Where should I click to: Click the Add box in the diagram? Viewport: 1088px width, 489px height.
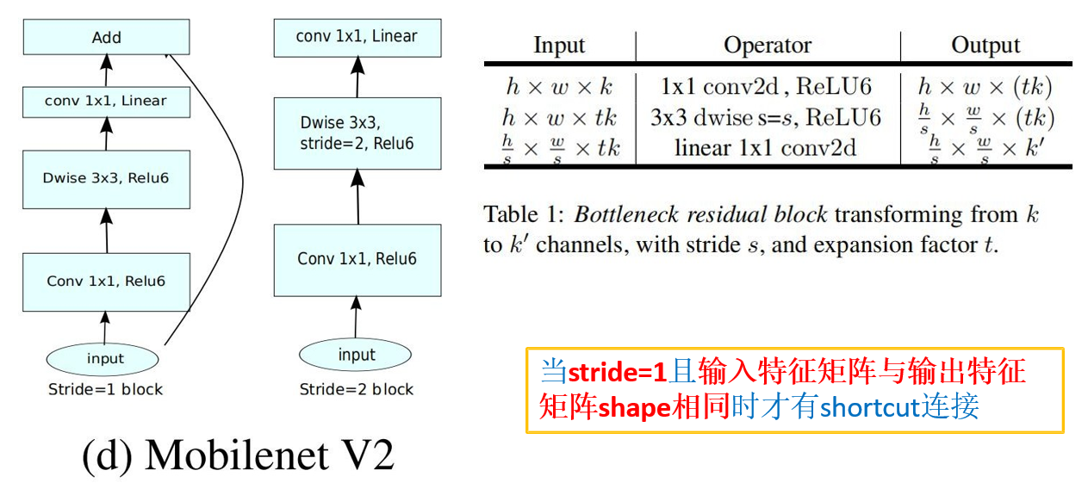pyautogui.click(x=106, y=38)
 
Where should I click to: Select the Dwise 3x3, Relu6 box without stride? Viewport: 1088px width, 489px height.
pyautogui.click(x=106, y=178)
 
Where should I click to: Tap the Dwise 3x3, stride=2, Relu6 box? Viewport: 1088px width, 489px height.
pyautogui.click(x=357, y=133)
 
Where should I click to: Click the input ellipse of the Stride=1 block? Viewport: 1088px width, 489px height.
pyautogui.click(x=106, y=358)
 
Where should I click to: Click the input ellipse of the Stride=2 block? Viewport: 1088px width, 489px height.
pyautogui.click(x=357, y=355)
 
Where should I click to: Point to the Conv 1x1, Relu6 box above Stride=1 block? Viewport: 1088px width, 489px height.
pyautogui.click(x=106, y=281)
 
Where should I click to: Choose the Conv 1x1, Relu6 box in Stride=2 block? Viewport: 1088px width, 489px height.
pyautogui.click(x=357, y=259)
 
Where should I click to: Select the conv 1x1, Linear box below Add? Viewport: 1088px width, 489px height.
pyautogui.click(x=106, y=102)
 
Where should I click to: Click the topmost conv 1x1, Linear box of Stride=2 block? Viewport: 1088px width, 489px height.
pyautogui.click(x=357, y=37)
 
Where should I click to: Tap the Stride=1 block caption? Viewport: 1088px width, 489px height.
pyautogui.click(x=105, y=389)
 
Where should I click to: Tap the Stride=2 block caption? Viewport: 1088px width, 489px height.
pyautogui.click(x=357, y=389)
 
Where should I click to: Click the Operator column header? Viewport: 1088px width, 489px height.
pyautogui.click(x=768, y=45)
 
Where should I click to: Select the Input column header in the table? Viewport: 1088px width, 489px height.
pyautogui.click(x=559, y=45)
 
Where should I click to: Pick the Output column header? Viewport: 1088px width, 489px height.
pyautogui.click(x=985, y=45)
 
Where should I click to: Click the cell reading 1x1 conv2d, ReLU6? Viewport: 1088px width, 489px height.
pyautogui.click(x=766, y=86)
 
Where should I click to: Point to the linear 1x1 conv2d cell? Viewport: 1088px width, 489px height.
pyautogui.click(x=766, y=147)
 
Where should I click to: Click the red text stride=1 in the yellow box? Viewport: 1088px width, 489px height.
pyautogui.click(x=618, y=372)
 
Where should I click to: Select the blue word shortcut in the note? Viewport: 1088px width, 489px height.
pyautogui.click(x=869, y=406)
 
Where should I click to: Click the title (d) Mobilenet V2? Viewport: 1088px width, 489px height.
pyautogui.click(x=238, y=455)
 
